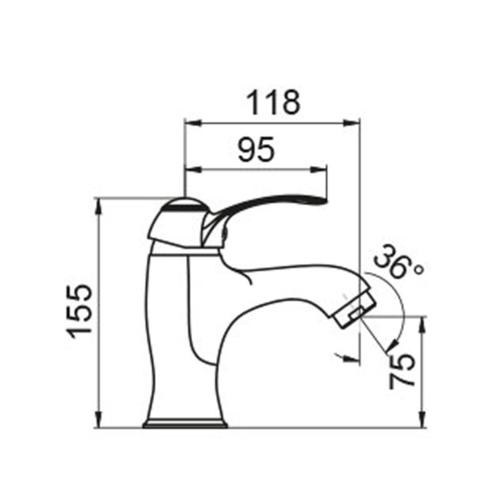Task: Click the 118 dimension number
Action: (273, 102)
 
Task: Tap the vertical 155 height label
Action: (80, 311)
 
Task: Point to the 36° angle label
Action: (399, 262)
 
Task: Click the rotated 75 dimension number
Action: (403, 370)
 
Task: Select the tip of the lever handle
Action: (323, 201)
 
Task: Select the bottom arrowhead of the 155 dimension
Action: (99, 420)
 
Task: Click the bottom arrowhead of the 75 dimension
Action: (422, 420)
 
